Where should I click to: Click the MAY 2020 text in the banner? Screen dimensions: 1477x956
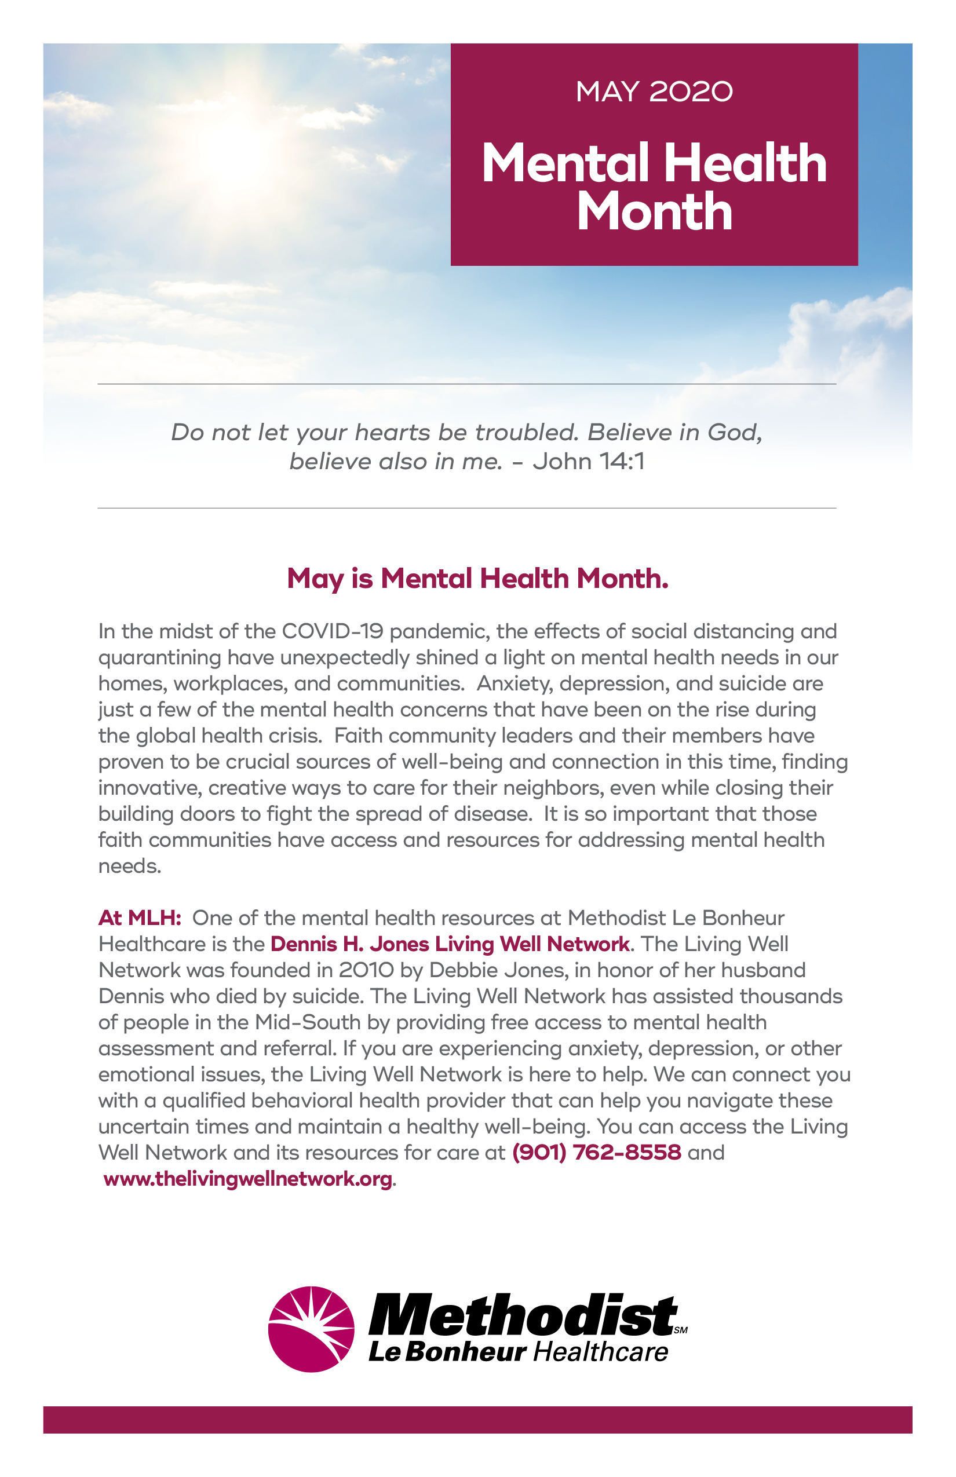tap(654, 92)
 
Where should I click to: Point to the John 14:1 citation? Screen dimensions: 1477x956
tap(589, 461)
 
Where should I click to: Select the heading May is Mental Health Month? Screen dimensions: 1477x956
tap(477, 579)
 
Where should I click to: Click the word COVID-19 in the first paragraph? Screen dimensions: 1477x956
tap(332, 631)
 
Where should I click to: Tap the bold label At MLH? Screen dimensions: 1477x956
tap(140, 917)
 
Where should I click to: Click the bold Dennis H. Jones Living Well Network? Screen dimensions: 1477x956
tap(450, 944)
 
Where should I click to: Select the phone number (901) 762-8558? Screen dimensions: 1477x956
tap(597, 1153)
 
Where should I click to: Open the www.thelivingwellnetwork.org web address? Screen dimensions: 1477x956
tap(248, 1179)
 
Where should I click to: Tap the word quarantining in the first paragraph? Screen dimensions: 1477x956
tap(159, 657)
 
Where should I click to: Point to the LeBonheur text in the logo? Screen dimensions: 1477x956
tap(447, 1352)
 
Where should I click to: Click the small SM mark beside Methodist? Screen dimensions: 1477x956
tap(680, 1330)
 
